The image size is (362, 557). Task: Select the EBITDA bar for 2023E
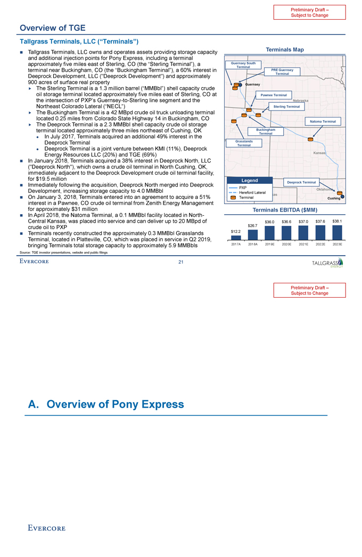click(337, 232)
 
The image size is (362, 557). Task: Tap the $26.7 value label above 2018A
click(253, 226)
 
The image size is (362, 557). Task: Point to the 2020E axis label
click(286, 244)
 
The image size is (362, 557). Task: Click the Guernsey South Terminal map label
click(243, 65)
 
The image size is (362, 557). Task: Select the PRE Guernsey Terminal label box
click(282, 72)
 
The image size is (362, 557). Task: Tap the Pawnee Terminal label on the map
click(274, 95)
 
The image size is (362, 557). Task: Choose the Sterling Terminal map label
click(287, 107)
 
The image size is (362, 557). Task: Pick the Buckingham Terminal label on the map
click(266, 131)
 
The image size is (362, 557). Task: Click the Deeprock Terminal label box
click(302, 182)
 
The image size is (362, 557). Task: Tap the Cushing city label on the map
click(333, 198)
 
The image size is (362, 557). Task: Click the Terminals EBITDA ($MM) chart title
click(285, 210)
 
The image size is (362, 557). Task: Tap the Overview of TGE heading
click(52, 28)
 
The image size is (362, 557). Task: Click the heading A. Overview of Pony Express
click(106, 404)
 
